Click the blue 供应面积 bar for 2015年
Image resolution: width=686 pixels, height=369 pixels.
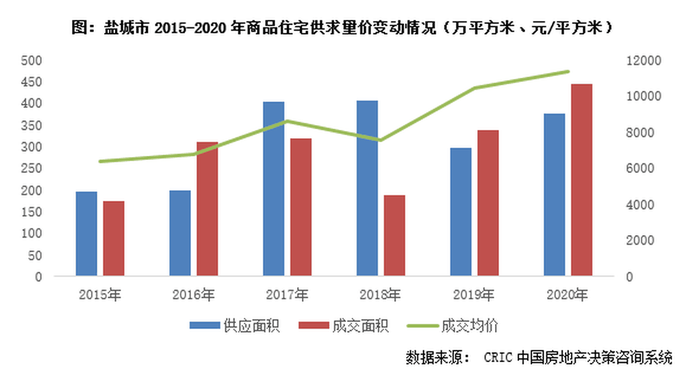86,234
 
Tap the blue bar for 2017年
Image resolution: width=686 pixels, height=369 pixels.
273,189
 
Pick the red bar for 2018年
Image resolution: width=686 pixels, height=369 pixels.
394,236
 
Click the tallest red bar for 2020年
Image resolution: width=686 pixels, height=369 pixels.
582,180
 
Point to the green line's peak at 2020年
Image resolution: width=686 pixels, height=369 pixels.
568,71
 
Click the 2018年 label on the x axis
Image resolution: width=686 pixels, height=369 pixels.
380,295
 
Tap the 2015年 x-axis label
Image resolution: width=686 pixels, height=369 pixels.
100,295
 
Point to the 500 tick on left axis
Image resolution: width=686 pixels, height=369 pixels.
33,60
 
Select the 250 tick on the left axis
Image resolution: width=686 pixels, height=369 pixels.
33,169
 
